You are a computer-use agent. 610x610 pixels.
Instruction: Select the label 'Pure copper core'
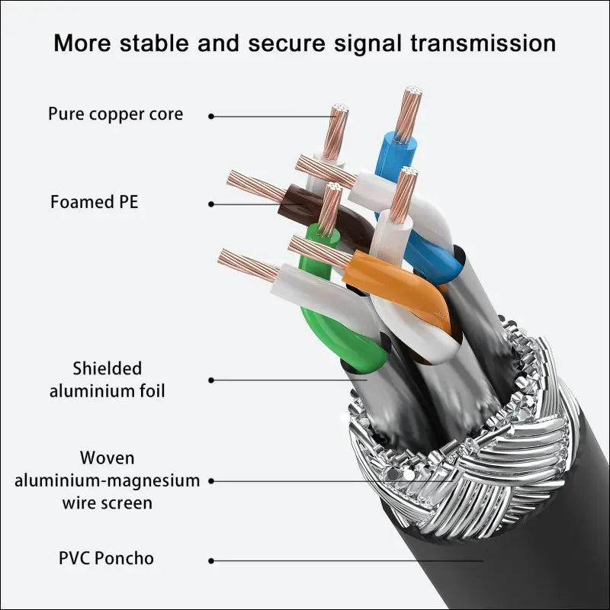[116, 114]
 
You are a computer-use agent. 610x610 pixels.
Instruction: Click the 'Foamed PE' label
[94, 202]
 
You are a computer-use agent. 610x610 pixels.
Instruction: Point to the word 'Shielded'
[108, 368]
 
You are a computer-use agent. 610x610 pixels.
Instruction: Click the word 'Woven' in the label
[108, 458]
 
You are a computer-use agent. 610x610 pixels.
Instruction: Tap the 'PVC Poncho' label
[106, 558]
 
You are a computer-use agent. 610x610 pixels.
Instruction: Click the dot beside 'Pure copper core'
[211, 117]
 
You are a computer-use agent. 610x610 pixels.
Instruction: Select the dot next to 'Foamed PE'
[211, 204]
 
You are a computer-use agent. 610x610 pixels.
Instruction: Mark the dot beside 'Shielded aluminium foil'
[211, 380]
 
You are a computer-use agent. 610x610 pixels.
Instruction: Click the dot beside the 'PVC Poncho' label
[211, 560]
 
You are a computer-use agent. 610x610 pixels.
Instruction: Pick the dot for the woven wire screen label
[211, 481]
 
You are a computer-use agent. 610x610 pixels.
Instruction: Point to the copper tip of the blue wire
[409, 115]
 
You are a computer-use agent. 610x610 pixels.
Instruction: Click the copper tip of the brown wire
[257, 187]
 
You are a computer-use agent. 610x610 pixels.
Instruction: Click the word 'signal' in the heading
[368, 43]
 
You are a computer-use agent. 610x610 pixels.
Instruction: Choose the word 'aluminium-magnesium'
[108, 481]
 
